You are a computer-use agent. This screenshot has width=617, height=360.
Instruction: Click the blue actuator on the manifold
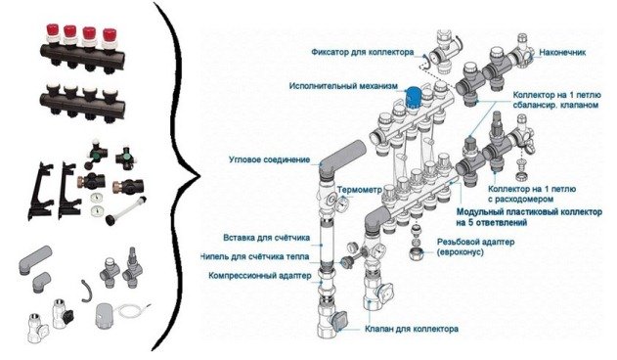point(414,97)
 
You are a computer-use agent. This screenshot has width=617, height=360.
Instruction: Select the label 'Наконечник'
point(562,52)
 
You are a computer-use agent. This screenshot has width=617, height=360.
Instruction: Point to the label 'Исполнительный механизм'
point(343,86)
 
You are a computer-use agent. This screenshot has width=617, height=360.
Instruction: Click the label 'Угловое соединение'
point(270,159)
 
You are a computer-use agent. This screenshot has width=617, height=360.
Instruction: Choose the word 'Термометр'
point(359,190)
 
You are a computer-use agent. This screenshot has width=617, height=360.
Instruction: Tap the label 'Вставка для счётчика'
point(266,238)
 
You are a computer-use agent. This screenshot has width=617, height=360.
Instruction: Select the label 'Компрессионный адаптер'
point(260,275)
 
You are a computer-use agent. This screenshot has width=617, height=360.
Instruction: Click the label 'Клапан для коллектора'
point(412,329)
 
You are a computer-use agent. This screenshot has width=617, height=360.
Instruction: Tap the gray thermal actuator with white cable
point(107,314)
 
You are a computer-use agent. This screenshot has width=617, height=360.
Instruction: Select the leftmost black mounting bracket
point(41,190)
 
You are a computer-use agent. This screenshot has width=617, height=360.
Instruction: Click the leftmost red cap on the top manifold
point(53,30)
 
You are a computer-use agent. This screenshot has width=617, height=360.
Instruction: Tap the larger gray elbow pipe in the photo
point(35,259)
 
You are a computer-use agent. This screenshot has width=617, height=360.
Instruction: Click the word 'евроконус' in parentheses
point(461,251)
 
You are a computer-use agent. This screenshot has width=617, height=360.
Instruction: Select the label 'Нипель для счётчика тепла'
point(255,256)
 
